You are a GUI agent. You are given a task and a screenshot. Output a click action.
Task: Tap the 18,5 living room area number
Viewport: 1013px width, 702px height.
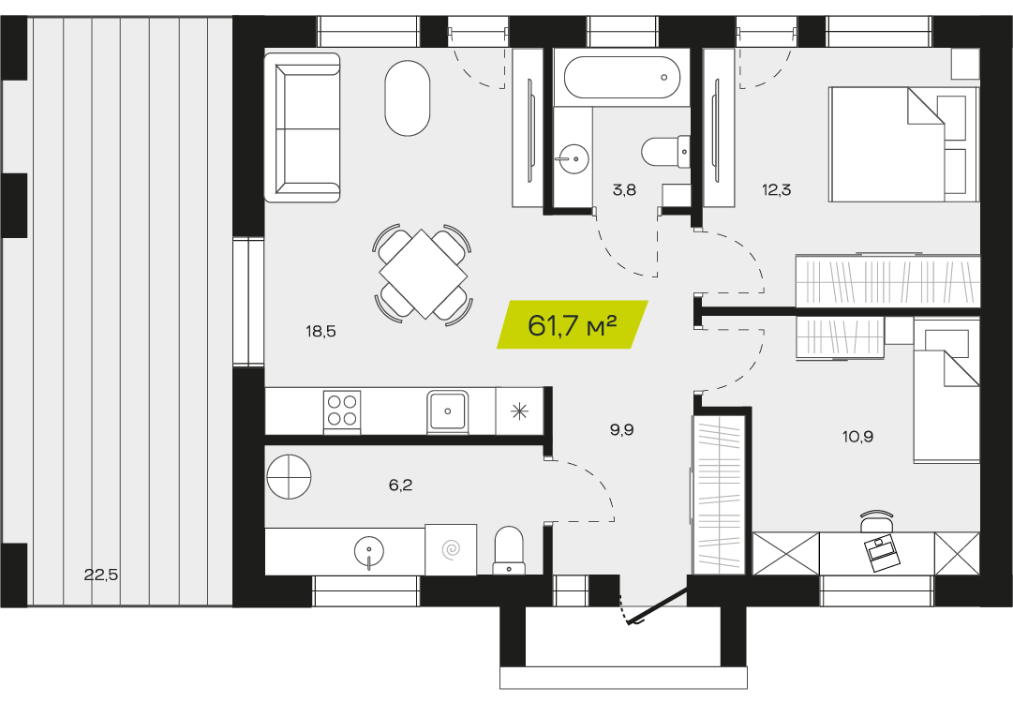321,332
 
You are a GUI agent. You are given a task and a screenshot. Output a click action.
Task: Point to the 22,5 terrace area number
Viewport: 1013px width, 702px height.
101,574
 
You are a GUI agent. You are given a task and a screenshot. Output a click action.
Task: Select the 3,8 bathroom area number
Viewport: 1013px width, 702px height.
625,190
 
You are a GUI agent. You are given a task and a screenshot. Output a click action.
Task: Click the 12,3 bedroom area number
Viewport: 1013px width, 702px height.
777,190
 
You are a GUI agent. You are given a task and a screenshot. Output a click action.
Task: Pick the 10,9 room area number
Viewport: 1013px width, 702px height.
858,437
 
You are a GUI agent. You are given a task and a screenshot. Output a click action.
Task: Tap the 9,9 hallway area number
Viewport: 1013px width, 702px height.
621,430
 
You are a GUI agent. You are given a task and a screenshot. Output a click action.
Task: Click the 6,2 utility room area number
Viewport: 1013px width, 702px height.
400,485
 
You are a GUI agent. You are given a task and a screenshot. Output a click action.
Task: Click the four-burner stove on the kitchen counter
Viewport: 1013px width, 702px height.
342,411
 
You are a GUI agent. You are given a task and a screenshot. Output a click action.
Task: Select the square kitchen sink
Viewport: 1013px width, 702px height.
447,411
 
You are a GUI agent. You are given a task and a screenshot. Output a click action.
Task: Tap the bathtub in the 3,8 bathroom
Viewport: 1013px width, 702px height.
622,78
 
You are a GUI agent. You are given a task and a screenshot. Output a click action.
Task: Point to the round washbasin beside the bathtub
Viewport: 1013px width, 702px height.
572,157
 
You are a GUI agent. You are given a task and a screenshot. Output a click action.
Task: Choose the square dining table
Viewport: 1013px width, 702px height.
424,274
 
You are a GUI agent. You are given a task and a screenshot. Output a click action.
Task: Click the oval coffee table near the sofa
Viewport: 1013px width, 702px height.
407,98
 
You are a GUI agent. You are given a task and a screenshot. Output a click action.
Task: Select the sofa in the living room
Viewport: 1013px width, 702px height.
303,128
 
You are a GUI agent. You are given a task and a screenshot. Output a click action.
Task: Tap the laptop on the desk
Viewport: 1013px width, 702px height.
881,553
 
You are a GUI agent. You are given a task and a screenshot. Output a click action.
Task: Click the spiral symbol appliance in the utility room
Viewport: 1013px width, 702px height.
451,550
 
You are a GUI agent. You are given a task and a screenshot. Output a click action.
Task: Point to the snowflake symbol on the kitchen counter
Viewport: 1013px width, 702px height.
519,411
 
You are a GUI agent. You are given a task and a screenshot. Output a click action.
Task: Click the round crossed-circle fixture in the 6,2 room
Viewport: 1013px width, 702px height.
289,477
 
